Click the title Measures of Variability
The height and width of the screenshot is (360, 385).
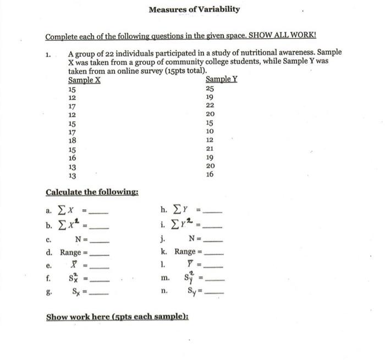tap(194, 9)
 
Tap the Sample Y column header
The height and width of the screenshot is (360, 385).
tap(221, 79)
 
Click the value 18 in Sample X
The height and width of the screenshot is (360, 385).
tap(71, 140)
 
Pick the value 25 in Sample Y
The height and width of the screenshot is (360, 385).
tap(210, 88)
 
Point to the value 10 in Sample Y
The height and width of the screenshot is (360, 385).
tap(210, 131)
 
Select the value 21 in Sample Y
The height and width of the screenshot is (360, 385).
tap(210, 149)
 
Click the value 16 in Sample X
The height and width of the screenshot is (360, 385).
tap(71, 158)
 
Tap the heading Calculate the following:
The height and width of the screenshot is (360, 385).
tap(92, 192)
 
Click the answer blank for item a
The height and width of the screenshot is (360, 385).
tap(99, 212)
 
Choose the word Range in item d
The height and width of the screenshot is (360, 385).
tap(70, 253)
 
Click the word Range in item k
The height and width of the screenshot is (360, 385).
tap(185, 252)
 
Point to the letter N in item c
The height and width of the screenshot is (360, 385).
tap(79, 239)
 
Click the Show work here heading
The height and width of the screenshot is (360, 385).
tap(117, 317)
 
